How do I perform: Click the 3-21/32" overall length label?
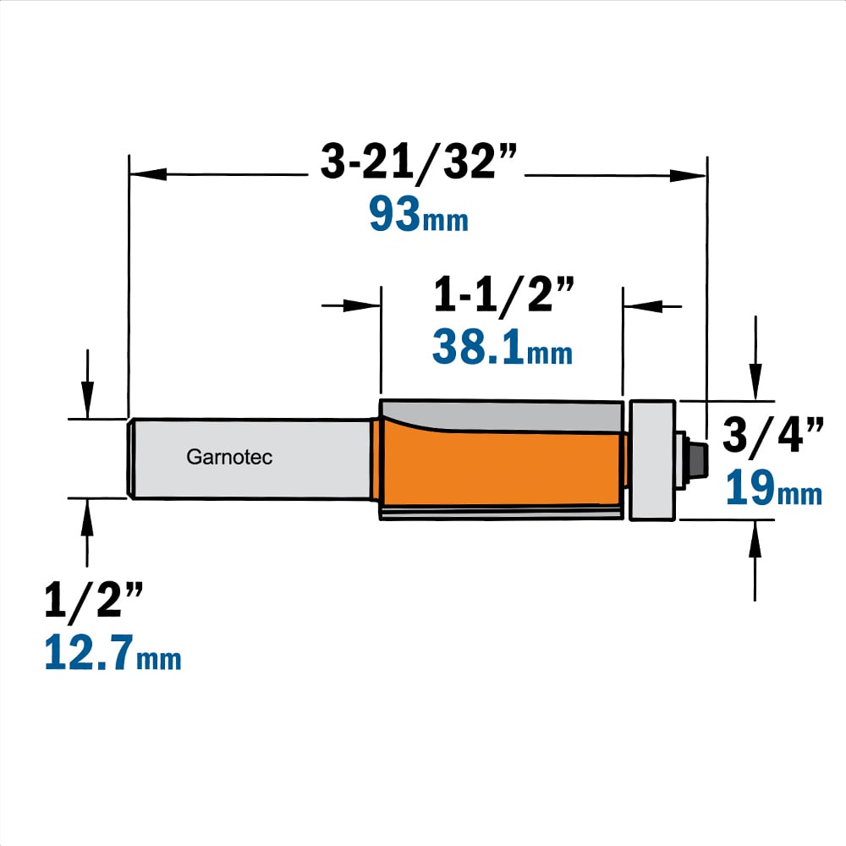[419, 161]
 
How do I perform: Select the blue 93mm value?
[419, 214]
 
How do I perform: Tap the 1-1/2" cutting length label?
[503, 294]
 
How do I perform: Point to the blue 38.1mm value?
[503, 347]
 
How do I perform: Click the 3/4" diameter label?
[773, 434]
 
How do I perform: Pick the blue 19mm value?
[774, 488]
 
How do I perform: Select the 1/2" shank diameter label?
[94, 599]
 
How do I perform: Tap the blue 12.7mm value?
[113, 652]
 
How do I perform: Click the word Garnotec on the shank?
[229, 458]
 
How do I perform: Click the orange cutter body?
[502, 467]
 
